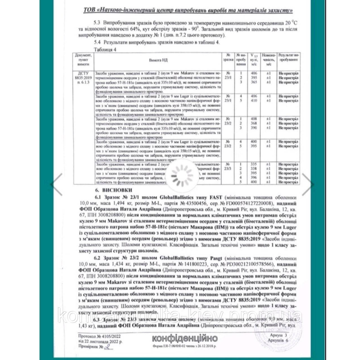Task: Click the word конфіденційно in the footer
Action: click(x=185, y=339)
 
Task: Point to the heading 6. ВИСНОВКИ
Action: click(x=112, y=190)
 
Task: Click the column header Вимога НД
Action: click(x=159, y=60)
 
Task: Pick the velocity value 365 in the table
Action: click(x=255, y=82)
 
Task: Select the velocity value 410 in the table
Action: click(x=255, y=101)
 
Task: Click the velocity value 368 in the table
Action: click(x=255, y=123)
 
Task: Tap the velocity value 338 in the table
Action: click(x=255, y=169)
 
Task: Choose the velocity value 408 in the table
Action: click(x=255, y=119)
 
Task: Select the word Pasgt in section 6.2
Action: click(x=217, y=258)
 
